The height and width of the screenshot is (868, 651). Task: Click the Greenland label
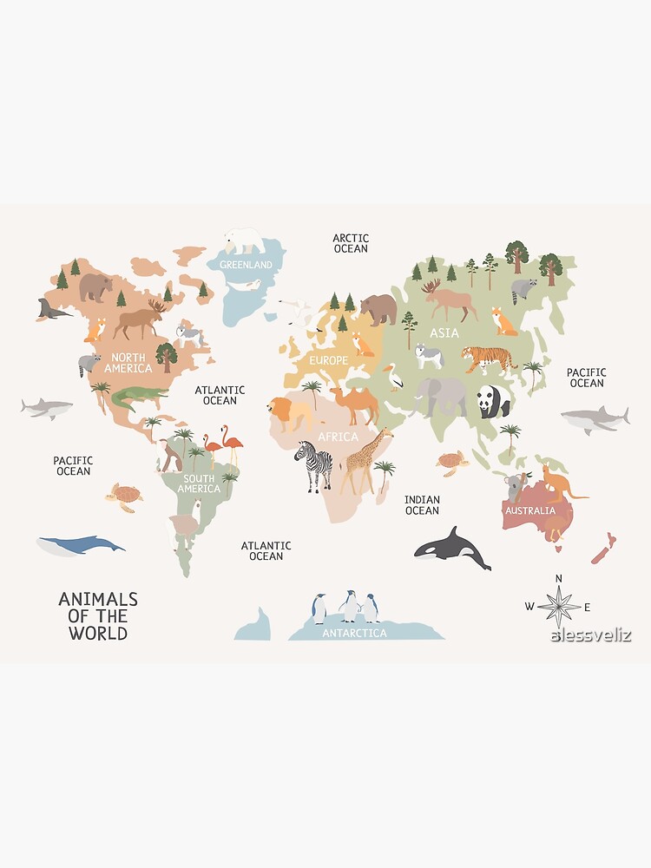pyautogui.click(x=246, y=264)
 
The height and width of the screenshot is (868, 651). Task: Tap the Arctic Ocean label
pyautogui.click(x=351, y=243)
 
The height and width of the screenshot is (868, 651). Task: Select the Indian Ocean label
pyautogui.click(x=422, y=505)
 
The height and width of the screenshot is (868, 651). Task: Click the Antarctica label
pyautogui.click(x=354, y=634)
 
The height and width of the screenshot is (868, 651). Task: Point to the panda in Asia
pyautogui.click(x=493, y=402)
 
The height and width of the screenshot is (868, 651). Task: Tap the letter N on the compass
pyautogui.click(x=559, y=578)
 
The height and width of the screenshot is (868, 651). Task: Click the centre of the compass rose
pyautogui.click(x=559, y=606)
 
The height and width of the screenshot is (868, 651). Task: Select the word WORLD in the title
pyautogui.click(x=98, y=633)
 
